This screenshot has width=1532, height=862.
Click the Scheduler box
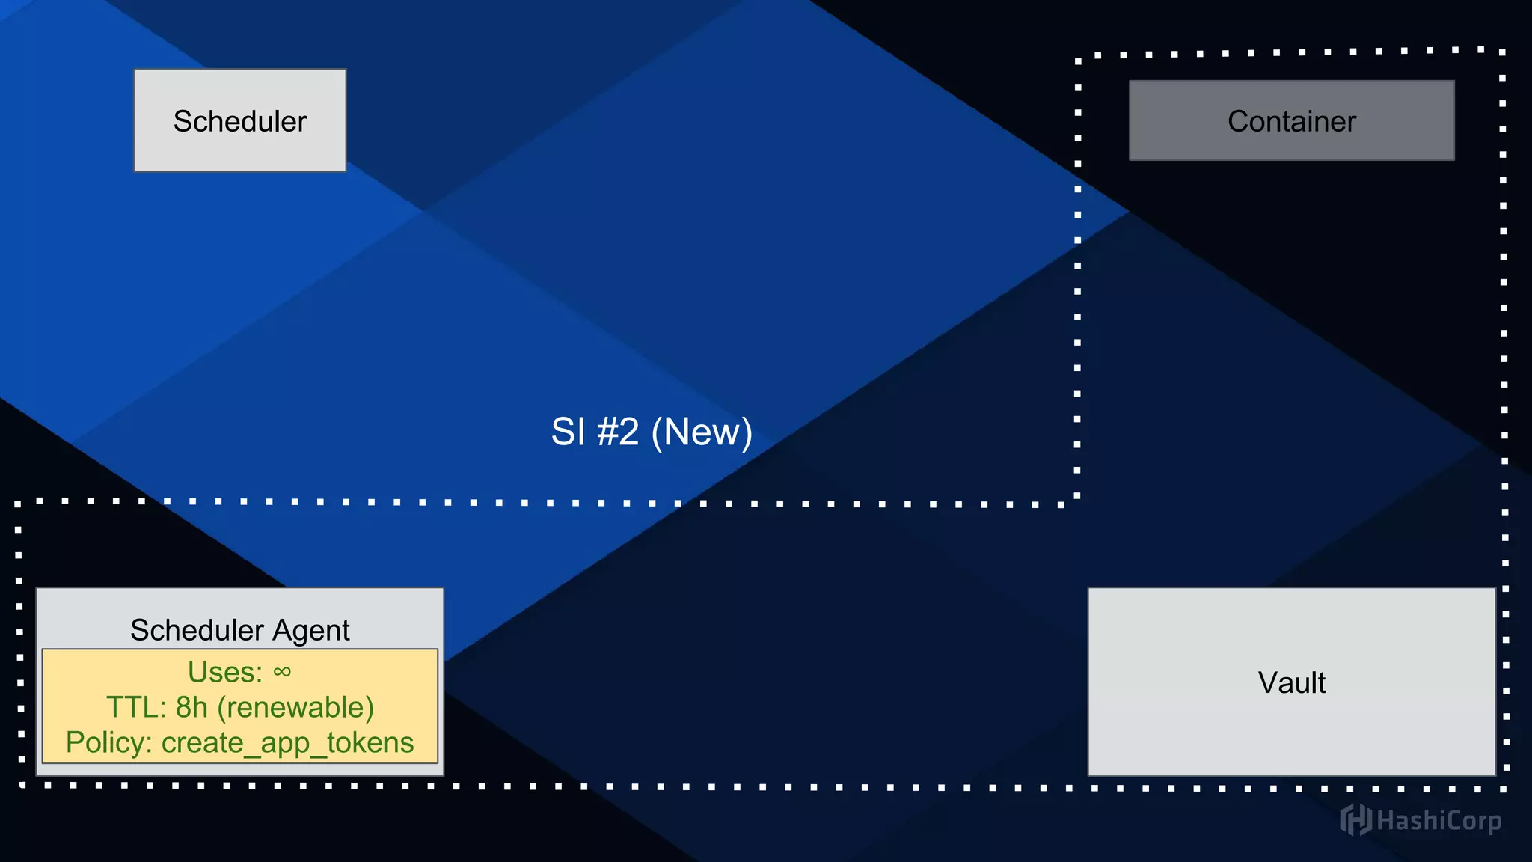click(239, 120)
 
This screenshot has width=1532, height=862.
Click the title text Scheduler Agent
click(239, 630)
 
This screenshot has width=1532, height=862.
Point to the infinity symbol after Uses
click(282, 672)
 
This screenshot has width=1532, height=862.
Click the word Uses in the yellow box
click(224, 672)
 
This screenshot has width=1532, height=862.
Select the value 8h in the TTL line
click(191, 707)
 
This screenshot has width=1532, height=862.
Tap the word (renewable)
click(295, 707)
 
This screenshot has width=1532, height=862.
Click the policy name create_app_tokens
click(287, 742)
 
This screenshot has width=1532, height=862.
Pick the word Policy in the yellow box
click(109, 742)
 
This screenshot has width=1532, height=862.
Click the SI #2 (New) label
click(652, 432)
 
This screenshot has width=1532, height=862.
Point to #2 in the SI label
click(618, 432)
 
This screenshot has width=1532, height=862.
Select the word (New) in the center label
click(702, 432)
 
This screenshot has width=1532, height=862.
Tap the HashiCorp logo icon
click(1355, 820)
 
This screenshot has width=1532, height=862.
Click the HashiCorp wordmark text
click(1438, 821)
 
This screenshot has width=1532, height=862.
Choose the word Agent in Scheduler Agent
click(310, 630)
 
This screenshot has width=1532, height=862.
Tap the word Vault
click(1291, 682)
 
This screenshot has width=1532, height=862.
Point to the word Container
click(1291, 121)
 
